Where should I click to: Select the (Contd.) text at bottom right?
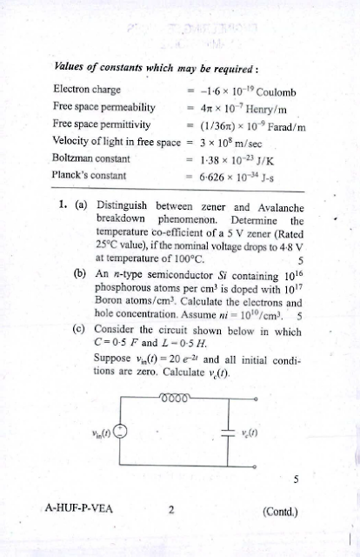[x=279, y=511]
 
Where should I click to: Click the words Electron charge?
[x=86, y=89]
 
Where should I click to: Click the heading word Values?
[x=70, y=66]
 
